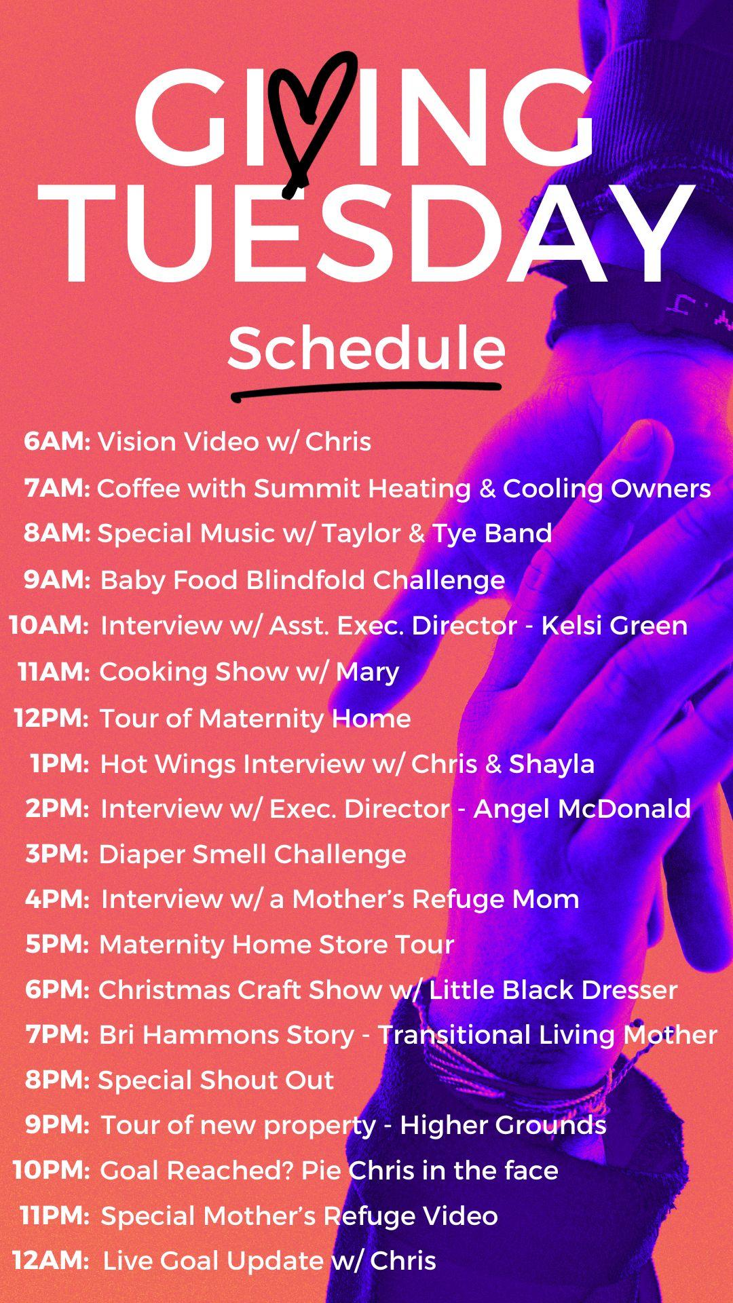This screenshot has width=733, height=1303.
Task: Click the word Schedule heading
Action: [366, 347]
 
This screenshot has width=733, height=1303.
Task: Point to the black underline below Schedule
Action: [366, 391]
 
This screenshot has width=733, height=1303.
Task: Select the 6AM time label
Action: [57, 441]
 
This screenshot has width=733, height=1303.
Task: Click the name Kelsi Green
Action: [614, 625]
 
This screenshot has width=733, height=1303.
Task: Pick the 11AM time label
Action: [54, 672]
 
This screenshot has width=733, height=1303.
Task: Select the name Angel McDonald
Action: [582, 809]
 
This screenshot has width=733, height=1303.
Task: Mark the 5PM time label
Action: [57, 944]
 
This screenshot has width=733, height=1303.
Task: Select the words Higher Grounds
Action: [503, 1125]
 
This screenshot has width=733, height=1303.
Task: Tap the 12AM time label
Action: [51, 1261]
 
